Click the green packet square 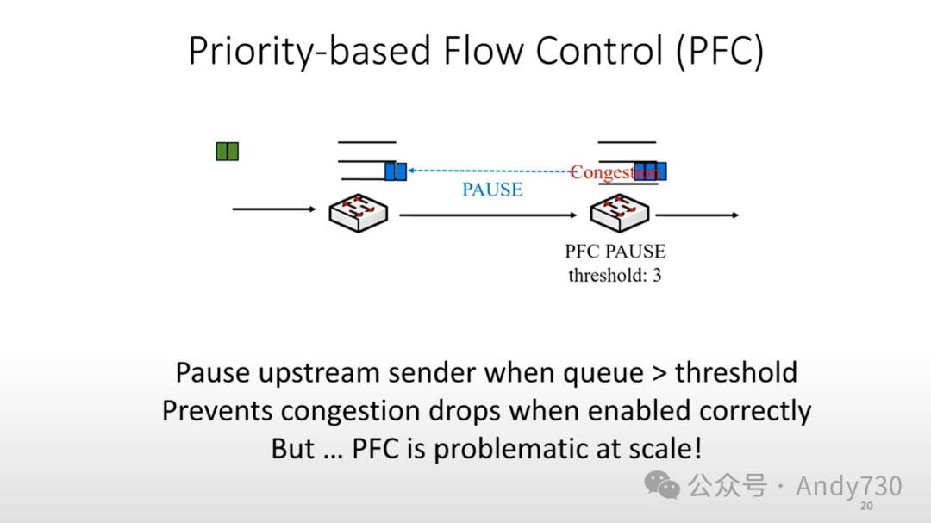pos(227,152)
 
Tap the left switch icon pos(359,211)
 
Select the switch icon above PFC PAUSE pos(618,211)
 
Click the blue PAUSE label pos(492,190)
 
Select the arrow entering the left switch pos(274,209)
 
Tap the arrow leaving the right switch pos(697,215)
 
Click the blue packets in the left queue pos(396,171)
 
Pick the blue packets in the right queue pos(651,171)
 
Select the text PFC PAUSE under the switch pos(615,252)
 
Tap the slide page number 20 pos(867,506)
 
